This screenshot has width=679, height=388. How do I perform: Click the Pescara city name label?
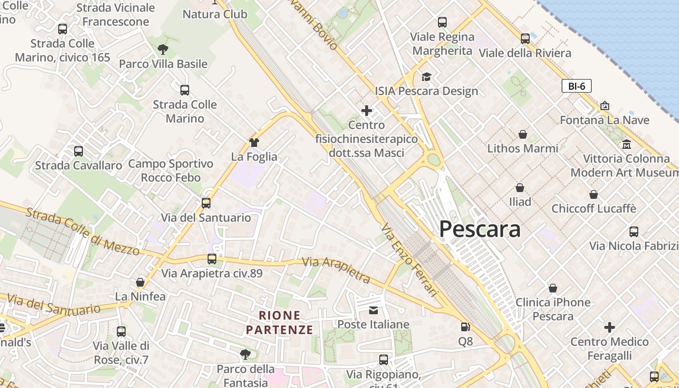[480, 229]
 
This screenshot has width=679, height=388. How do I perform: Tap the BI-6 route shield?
[577, 86]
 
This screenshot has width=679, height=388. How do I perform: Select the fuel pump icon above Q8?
[465, 327]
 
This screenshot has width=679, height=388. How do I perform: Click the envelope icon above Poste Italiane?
[373, 310]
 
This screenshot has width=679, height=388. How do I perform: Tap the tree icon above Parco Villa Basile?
[163, 49]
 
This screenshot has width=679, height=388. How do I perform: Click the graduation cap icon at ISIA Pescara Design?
[426, 77]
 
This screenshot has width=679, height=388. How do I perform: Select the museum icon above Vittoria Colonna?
[626, 144]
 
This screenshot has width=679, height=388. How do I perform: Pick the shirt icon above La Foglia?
[254, 142]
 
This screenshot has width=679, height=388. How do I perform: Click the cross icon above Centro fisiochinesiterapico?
[367, 111]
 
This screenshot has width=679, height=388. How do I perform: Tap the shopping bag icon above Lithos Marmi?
[523, 134]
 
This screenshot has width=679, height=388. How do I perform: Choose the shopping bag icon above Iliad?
[520, 187]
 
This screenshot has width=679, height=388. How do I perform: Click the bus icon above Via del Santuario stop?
[206, 203]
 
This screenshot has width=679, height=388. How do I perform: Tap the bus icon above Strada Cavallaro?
[79, 151]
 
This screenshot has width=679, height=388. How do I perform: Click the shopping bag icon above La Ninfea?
[140, 282]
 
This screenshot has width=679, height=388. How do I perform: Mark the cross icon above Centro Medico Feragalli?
[610, 327]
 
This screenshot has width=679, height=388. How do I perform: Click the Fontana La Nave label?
[604, 120]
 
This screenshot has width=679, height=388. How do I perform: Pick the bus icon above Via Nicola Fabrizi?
[634, 231]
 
